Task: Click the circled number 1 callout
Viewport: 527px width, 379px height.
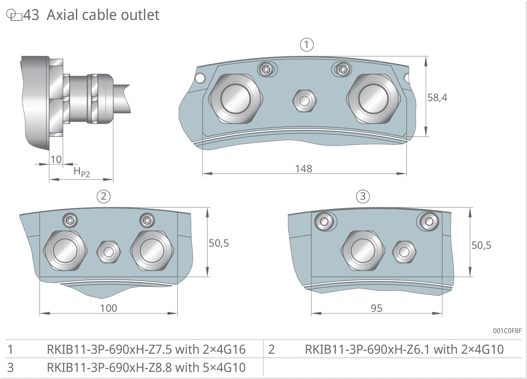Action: point(307,45)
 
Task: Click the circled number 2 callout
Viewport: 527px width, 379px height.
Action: point(104,196)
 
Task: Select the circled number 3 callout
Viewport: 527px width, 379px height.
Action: point(363,196)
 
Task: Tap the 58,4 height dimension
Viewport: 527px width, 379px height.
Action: point(437,98)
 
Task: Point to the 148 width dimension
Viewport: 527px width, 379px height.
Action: point(304,169)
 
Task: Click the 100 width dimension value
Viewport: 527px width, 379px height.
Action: point(109,308)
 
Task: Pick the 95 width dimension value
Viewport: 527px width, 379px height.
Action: point(376,308)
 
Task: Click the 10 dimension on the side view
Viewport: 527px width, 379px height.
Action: point(56,159)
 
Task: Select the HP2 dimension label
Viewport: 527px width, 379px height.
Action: point(82,172)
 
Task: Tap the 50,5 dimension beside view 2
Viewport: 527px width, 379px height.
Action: point(219,243)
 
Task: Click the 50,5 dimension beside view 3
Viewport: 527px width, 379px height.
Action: point(481,245)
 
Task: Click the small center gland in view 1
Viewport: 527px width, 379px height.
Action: point(304,101)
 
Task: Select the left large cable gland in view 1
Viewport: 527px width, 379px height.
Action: point(236,99)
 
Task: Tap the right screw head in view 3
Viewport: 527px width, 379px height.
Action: point(429,221)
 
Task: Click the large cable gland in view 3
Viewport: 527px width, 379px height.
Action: point(363,251)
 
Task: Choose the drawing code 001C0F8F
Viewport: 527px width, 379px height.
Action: point(507,331)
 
